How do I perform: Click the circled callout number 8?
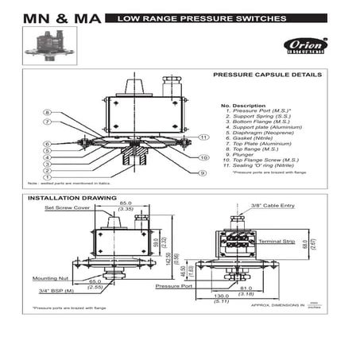(x=48, y=113)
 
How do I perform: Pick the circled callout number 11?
(x=203, y=137)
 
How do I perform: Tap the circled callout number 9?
(x=203, y=172)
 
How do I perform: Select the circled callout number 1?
(x=48, y=177)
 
